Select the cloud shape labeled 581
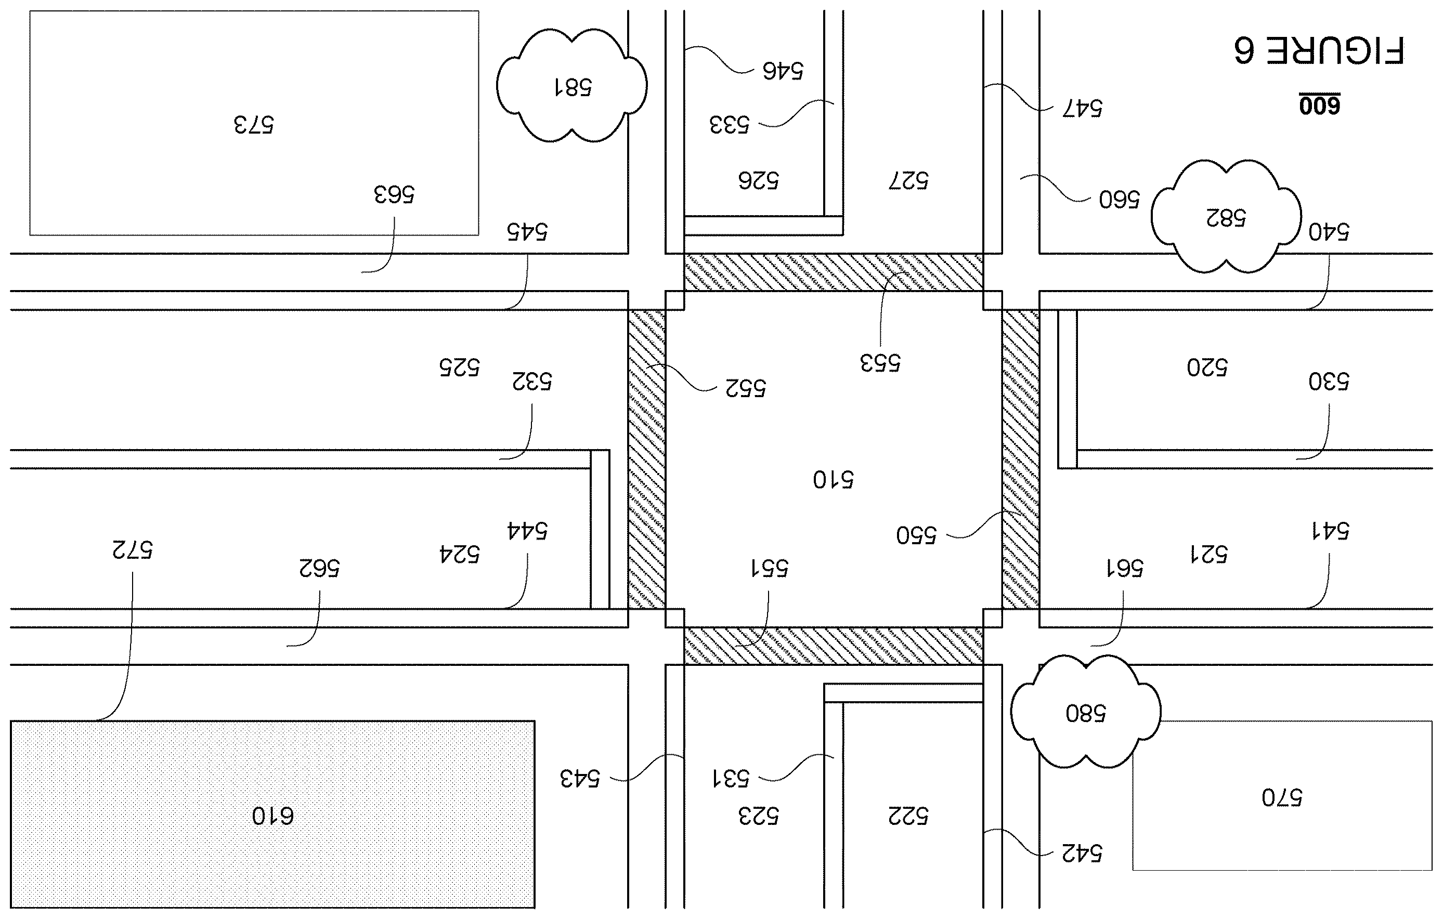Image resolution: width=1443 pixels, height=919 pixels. [x=571, y=86]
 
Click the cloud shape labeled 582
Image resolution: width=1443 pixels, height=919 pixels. [x=1226, y=216]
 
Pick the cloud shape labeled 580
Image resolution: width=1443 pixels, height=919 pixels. [x=1086, y=711]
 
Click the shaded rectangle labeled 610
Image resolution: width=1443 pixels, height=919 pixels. [x=272, y=814]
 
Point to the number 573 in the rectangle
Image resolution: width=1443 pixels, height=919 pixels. [x=253, y=125]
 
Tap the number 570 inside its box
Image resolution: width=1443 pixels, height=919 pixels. [x=1282, y=797]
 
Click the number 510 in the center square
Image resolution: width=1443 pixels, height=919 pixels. [x=834, y=479]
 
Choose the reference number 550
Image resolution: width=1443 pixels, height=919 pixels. [x=916, y=534]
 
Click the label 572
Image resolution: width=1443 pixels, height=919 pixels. [x=133, y=549]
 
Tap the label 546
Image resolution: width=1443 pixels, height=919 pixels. [x=783, y=71]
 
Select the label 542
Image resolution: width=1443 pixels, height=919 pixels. [x=1082, y=852]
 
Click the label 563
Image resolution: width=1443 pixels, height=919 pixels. [x=394, y=194]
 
